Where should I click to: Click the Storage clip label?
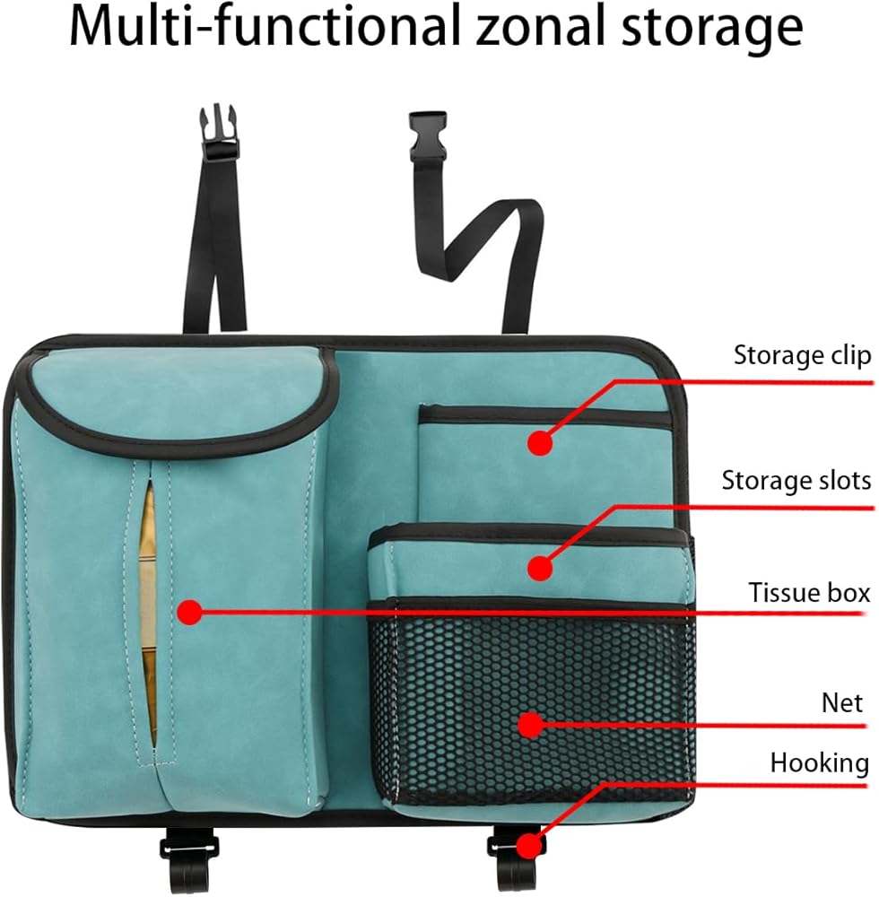(x=802, y=355)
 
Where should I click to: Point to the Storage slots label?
(x=796, y=481)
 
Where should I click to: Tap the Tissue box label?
(x=809, y=593)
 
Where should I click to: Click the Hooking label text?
(x=819, y=763)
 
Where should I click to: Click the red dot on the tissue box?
(x=189, y=613)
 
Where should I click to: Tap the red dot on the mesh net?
(x=532, y=725)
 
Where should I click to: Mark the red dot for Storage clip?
(x=538, y=442)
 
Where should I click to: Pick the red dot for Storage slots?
(x=538, y=567)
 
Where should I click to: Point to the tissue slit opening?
(x=149, y=610)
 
